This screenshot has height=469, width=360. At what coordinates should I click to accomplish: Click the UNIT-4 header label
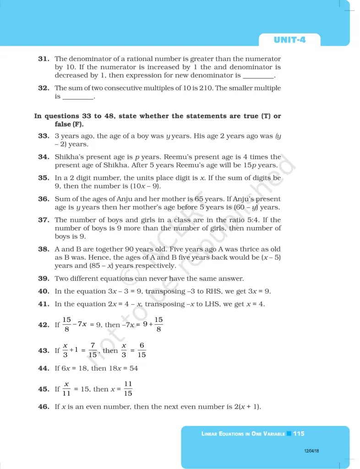(x=289, y=40)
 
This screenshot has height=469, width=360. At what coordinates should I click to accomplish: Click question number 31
(x=44, y=59)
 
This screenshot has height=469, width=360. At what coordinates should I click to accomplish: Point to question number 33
(x=44, y=136)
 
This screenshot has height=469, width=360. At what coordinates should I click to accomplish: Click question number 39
(x=44, y=278)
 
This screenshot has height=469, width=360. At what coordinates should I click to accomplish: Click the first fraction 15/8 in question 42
(x=67, y=325)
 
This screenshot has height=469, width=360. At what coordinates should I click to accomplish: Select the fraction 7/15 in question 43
(x=93, y=350)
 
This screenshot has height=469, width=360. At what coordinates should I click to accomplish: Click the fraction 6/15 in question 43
(x=142, y=350)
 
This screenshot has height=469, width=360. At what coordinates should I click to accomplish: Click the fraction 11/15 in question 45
(x=128, y=389)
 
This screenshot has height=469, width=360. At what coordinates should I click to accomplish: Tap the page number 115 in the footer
(x=299, y=433)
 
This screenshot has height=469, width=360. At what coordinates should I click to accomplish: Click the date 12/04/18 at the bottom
(x=311, y=451)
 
